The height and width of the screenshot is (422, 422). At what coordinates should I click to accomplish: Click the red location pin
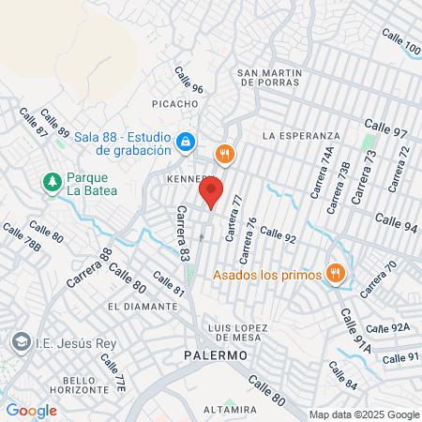pyautogui.click(x=211, y=192)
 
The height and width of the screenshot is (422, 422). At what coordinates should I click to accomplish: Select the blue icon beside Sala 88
pyautogui.click(x=186, y=143)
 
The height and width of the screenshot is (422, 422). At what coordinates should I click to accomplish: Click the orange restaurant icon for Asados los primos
pyautogui.click(x=337, y=274)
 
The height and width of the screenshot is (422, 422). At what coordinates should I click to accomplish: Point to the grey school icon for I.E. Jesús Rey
pyautogui.click(x=19, y=342)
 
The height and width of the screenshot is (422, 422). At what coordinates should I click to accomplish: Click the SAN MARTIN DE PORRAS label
pyautogui.click(x=269, y=78)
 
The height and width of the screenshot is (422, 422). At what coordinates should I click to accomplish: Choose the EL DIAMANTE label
pyautogui.click(x=143, y=306)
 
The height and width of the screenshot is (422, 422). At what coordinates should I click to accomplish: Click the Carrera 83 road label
pyautogui.click(x=182, y=234)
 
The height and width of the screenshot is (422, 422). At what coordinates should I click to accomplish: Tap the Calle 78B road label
pyautogui.click(x=21, y=238)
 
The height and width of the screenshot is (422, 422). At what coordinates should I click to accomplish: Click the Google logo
pyautogui.click(x=31, y=410)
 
